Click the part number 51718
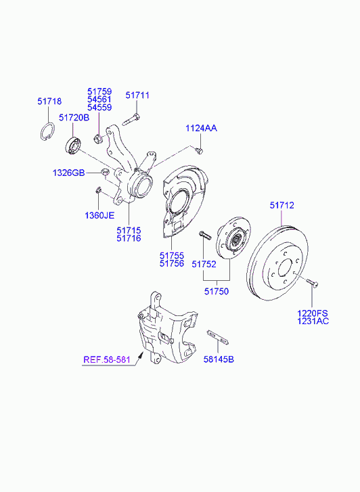coord(49,102)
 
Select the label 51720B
coord(74,118)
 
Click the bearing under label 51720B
coord(74,146)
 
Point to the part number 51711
coord(137,95)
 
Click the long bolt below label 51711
coord(131,120)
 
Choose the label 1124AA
coord(201,128)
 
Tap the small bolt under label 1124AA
coord(199,151)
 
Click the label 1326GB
coord(69,173)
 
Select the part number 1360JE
coord(99,216)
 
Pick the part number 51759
coord(99,91)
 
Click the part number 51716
coord(129,238)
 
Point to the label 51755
coord(172,255)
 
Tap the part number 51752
coord(204,264)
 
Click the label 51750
coord(217,291)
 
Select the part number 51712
coord(282,205)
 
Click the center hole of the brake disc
coord(286,267)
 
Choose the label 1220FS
coord(313,313)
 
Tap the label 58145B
coord(219,359)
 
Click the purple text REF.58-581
coord(107,359)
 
